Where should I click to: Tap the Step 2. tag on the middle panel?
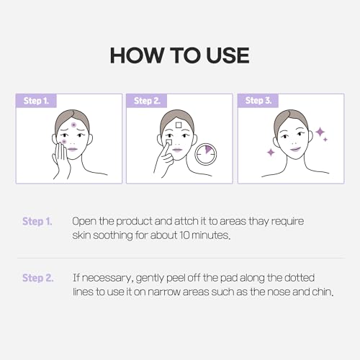(x=147, y=101)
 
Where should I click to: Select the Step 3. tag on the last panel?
(x=258, y=101)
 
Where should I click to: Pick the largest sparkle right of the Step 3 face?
(x=320, y=132)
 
